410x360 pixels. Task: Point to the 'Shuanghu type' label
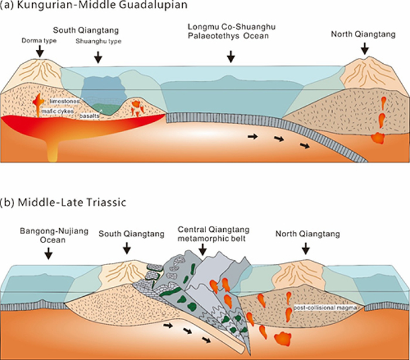tap(97, 42)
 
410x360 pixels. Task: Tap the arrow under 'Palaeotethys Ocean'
tap(231, 56)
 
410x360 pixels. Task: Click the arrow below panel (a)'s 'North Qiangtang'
tap(364, 49)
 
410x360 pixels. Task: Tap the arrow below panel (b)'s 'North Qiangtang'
tap(305, 250)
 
